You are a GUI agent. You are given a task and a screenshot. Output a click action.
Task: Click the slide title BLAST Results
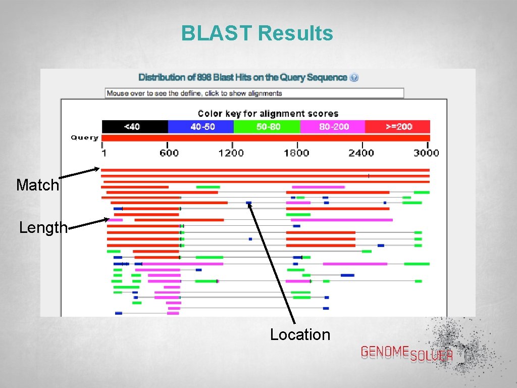(x=257, y=33)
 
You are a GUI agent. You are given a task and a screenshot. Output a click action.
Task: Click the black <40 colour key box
(x=135, y=126)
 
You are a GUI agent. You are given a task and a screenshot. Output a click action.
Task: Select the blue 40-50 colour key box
(x=200, y=126)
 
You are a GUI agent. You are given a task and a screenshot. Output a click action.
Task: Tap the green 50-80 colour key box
(x=267, y=126)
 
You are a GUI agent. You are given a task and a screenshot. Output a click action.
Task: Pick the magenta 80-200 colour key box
(x=332, y=126)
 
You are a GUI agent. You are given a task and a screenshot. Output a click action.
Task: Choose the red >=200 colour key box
(x=397, y=126)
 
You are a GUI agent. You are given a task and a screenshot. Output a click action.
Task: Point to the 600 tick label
(x=169, y=153)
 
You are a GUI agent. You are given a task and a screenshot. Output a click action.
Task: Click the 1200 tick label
(x=231, y=153)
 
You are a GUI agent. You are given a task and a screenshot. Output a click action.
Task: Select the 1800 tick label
(x=296, y=153)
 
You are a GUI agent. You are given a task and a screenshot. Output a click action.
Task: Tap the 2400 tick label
(x=361, y=153)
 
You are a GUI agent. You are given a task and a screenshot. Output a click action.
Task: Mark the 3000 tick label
(x=426, y=153)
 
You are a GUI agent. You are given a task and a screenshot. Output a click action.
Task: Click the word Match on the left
(x=37, y=185)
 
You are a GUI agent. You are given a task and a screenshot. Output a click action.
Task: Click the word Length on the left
(x=43, y=228)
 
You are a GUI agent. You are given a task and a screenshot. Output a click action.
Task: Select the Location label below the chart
(x=300, y=334)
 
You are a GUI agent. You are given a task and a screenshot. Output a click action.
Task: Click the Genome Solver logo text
(x=406, y=353)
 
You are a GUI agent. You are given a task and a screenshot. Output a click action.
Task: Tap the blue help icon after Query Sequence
(x=354, y=77)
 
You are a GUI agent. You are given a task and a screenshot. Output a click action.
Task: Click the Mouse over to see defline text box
(x=254, y=93)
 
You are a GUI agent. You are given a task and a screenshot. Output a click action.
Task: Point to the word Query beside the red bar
(x=84, y=137)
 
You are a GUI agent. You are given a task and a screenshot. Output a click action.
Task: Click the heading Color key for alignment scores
(x=268, y=114)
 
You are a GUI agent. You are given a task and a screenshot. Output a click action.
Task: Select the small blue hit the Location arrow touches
(x=248, y=203)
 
